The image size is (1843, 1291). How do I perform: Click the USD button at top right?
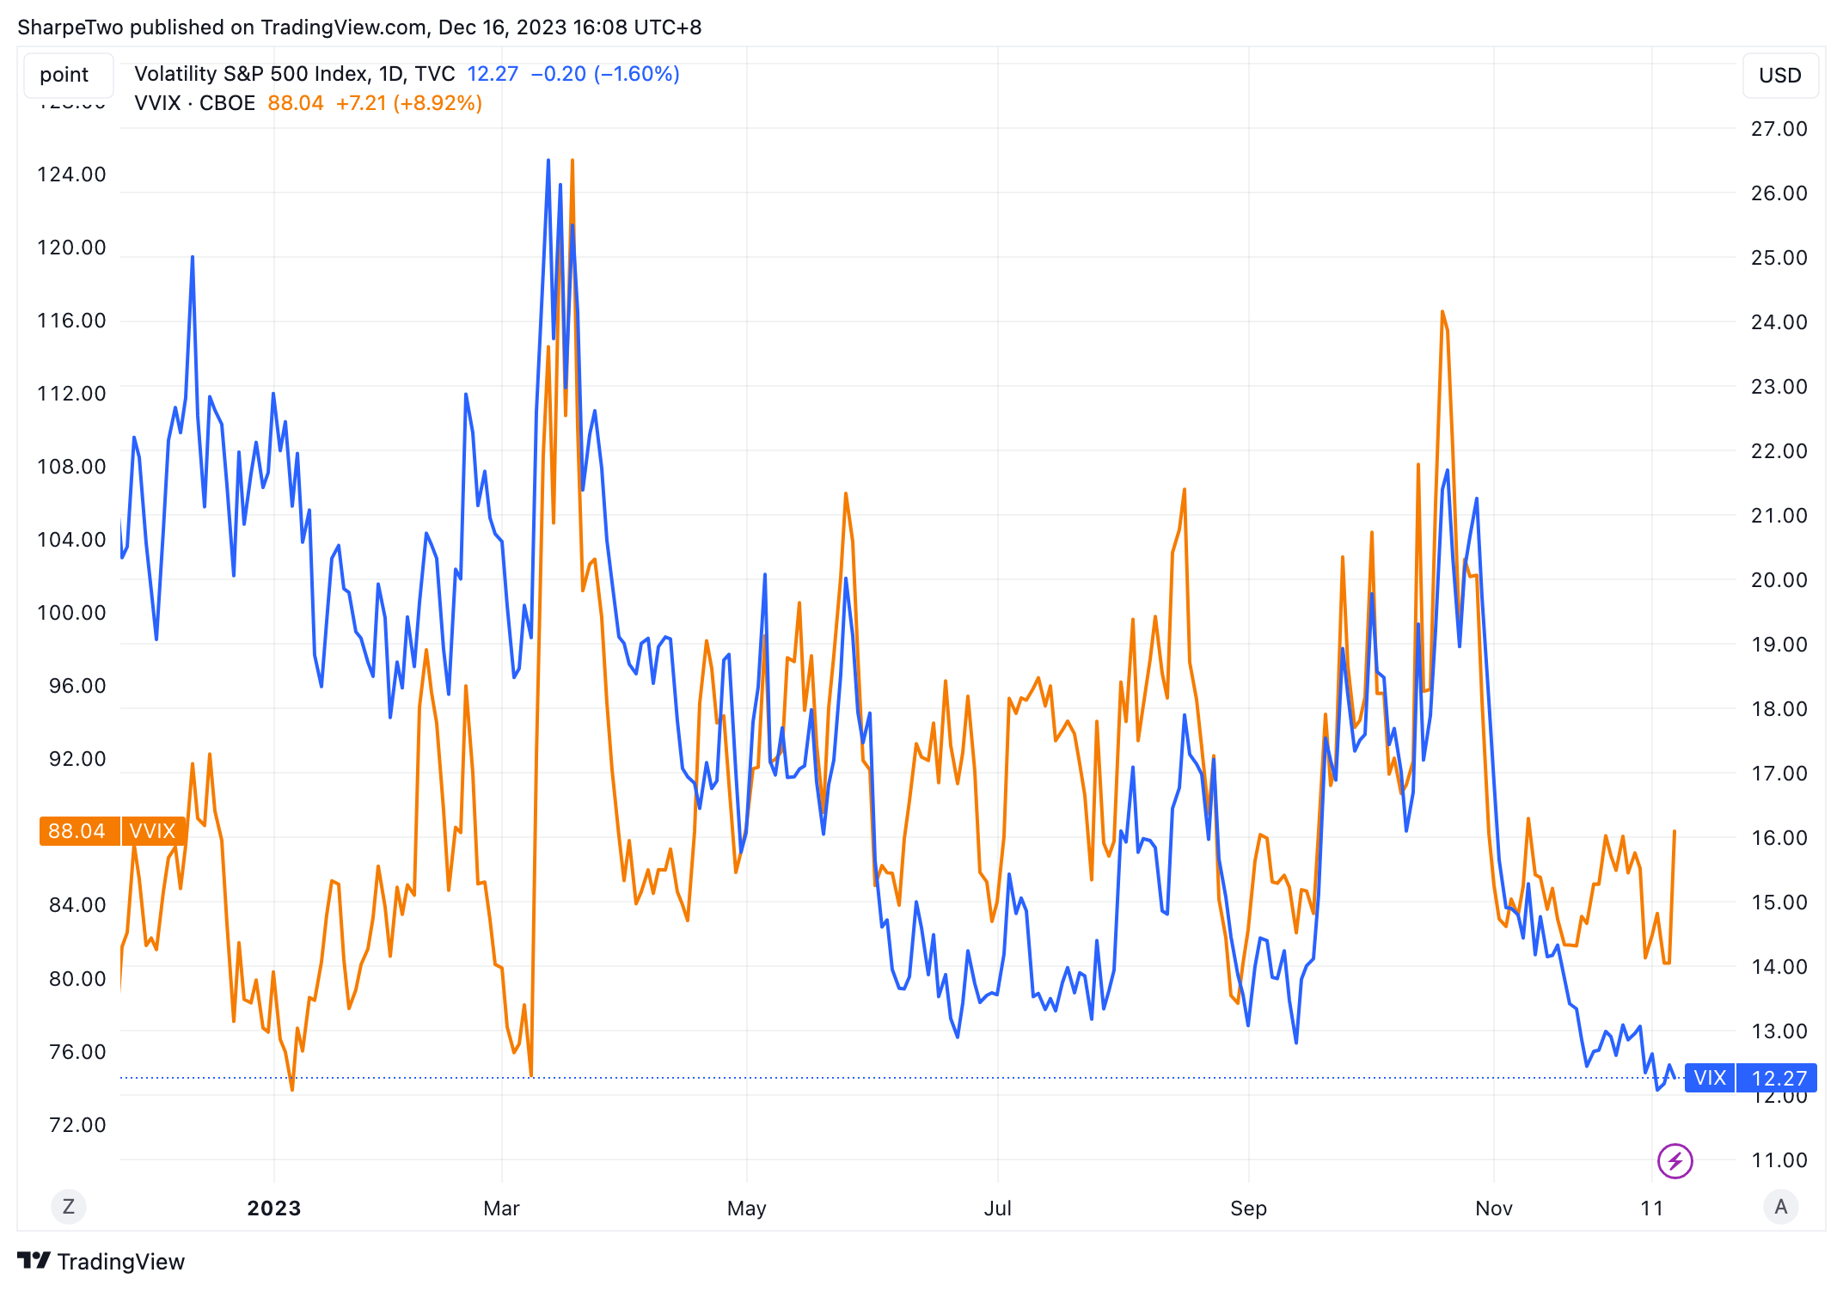pos(1779,76)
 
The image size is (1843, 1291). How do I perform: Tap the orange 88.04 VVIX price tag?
pos(112,831)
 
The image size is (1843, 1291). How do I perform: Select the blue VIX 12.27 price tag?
pos(1750,1078)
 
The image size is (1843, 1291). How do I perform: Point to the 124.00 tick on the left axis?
pos(71,174)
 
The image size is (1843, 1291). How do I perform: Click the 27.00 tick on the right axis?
pos(1779,129)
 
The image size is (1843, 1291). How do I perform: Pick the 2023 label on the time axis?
pos(273,1208)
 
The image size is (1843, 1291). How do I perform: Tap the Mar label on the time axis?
pos(501,1208)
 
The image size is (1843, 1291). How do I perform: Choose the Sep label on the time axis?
pos(1248,1208)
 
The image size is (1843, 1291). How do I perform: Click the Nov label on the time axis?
pos(1493,1208)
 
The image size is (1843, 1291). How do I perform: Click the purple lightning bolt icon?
pos(1675,1161)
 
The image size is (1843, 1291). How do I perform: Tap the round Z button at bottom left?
pos(69,1207)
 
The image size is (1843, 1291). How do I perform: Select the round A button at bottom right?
pos(1780,1207)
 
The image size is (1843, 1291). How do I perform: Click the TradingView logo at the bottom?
pos(101,1261)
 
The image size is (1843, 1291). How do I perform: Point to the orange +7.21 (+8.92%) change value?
pos(408,103)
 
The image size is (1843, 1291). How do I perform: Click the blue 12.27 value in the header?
pos(493,74)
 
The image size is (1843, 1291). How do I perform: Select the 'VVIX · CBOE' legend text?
pos(195,103)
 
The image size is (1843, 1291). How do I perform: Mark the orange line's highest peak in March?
pos(572,161)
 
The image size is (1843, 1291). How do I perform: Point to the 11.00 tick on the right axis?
pos(1779,1160)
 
